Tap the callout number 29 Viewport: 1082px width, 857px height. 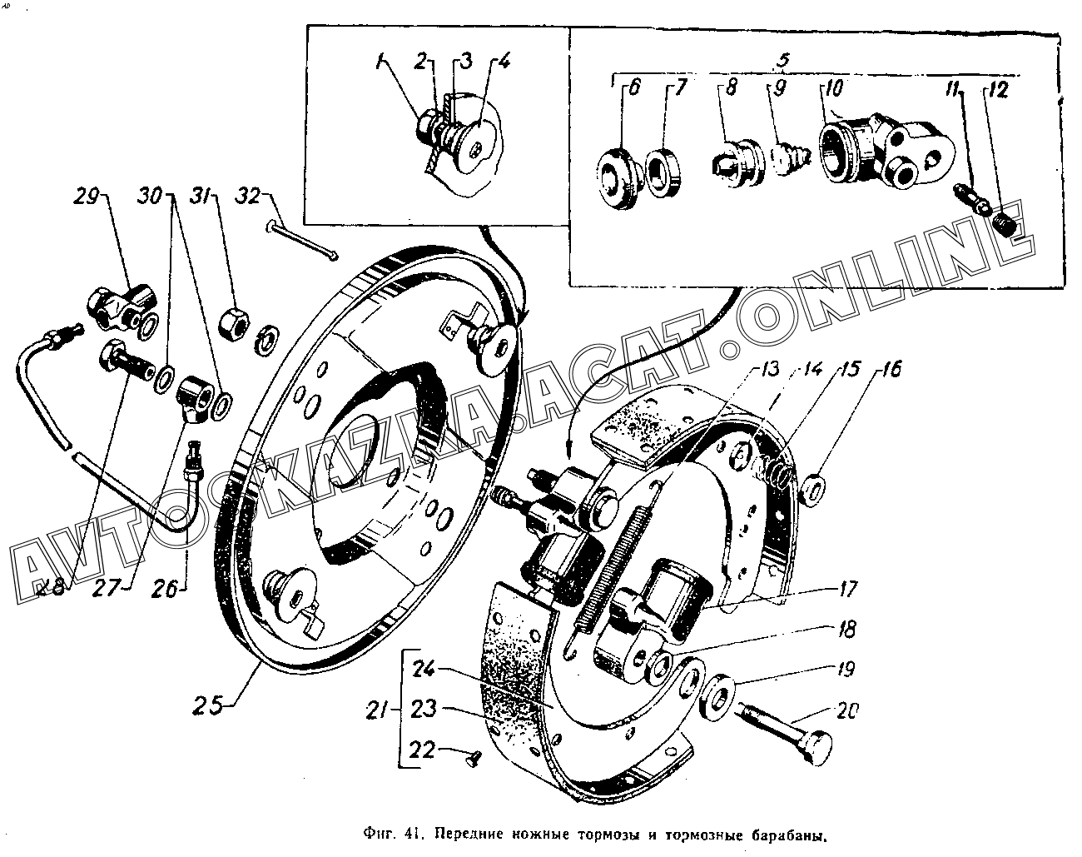87,198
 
